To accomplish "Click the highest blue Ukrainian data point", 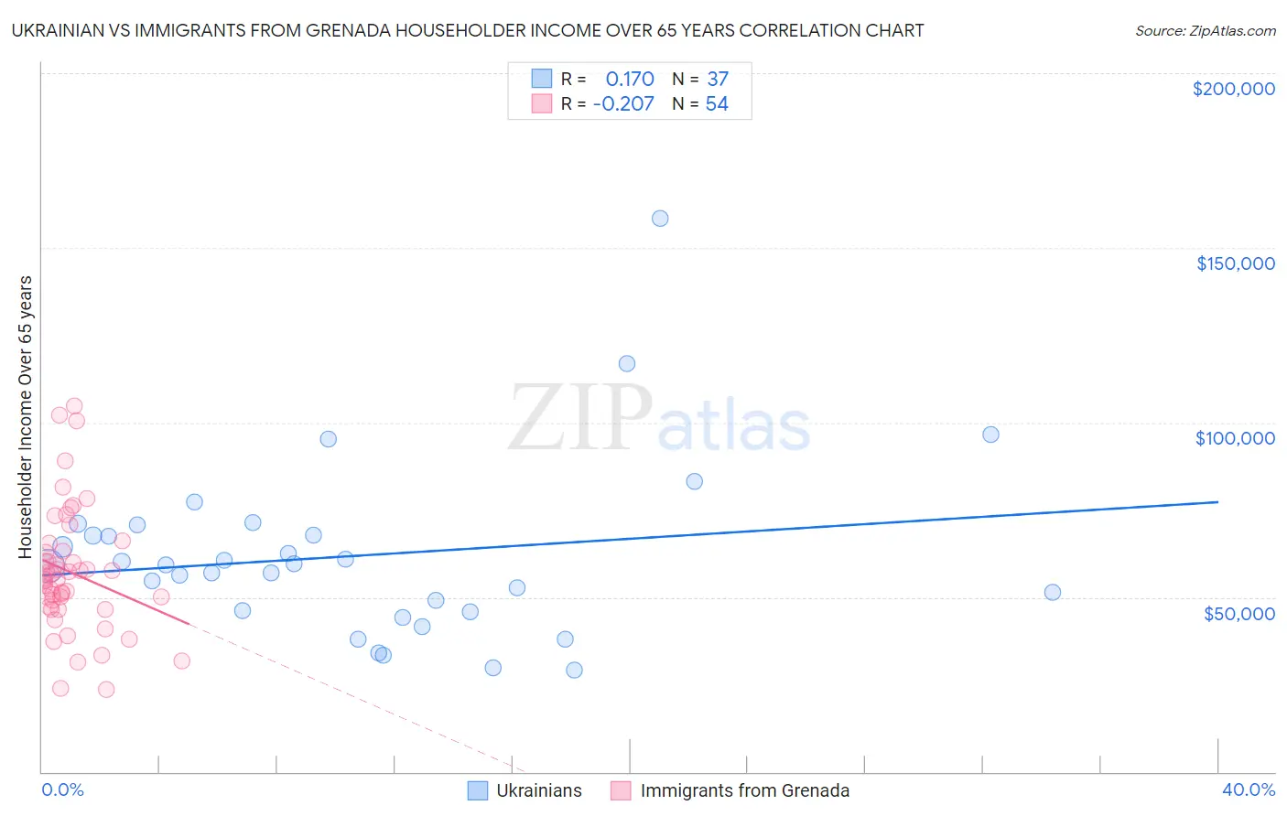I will [660, 219].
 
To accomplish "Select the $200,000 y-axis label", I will [1233, 89].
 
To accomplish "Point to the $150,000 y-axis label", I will [1235, 263].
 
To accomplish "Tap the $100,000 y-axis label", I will [1235, 438].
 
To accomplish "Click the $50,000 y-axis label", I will [1238, 614].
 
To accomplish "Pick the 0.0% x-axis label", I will [62, 789].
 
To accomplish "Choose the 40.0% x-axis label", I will [1248, 789].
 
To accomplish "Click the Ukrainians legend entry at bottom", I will [538, 790].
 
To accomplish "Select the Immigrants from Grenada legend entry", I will [744, 790].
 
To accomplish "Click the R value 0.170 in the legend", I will [630, 80].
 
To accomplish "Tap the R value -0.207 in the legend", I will [623, 104].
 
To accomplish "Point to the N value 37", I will [718, 80].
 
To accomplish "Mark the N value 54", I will [717, 104].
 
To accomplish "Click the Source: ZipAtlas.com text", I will [1205, 31].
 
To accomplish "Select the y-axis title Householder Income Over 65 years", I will [26, 416].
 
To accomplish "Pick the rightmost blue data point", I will [1053, 592].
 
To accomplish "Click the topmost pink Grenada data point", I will [74, 406].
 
